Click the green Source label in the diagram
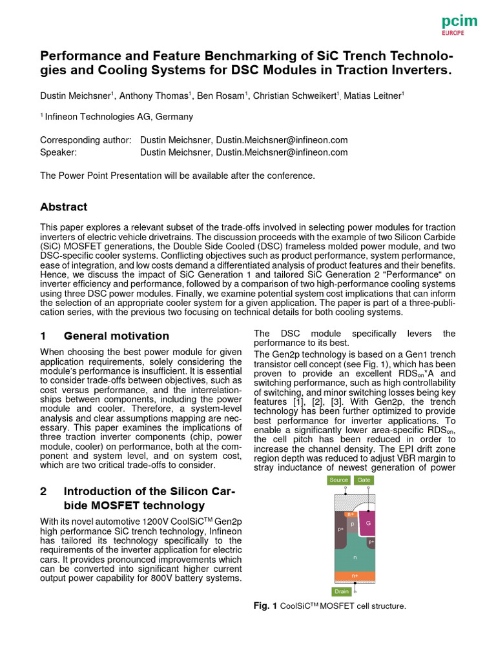[x=338, y=480]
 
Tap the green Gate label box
[x=364, y=480]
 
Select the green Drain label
[x=342, y=591]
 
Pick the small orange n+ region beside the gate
[x=351, y=514]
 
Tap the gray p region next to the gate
[x=353, y=524]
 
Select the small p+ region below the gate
[x=371, y=543]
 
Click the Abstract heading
[x=63, y=207]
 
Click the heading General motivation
[x=116, y=336]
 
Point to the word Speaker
[x=58, y=152]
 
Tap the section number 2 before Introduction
[x=43, y=491]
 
